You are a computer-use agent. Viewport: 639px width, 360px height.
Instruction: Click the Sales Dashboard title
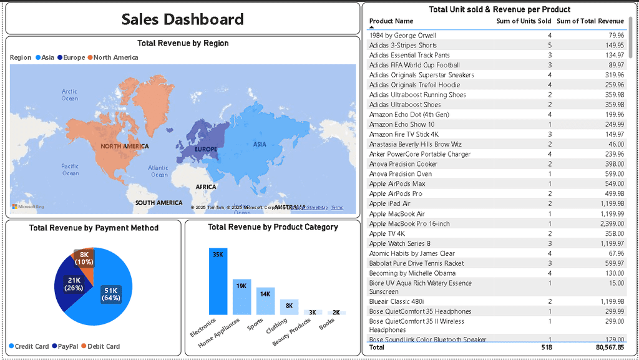click(x=182, y=19)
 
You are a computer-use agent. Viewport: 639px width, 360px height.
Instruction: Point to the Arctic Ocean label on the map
click(x=70, y=95)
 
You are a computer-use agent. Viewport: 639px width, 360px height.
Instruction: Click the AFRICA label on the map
click(x=206, y=187)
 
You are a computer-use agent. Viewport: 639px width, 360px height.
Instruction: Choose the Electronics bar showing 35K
click(x=218, y=281)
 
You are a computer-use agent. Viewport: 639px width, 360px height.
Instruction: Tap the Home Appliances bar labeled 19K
click(x=241, y=296)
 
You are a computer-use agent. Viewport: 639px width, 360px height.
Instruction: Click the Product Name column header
click(x=391, y=21)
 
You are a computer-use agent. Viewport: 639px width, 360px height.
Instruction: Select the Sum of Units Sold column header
click(x=524, y=21)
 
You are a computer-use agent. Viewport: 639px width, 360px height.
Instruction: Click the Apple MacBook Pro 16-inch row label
click(x=409, y=224)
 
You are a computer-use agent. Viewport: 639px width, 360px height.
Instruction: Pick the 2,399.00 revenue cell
click(x=610, y=224)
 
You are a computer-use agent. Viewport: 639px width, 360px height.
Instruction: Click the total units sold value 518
click(x=547, y=348)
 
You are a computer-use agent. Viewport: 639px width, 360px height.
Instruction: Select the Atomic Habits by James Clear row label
click(x=412, y=253)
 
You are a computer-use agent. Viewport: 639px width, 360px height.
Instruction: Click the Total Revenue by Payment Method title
click(x=94, y=228)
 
